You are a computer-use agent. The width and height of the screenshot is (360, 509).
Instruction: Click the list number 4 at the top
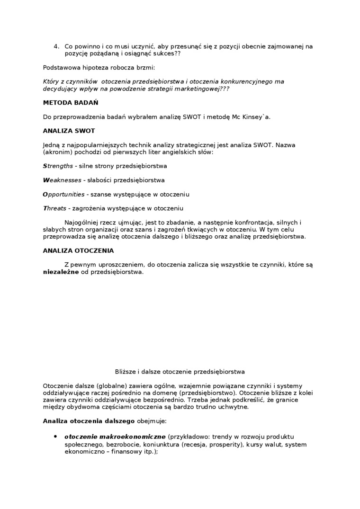tap(56, 46)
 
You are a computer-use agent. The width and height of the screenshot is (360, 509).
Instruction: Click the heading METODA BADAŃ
tap(71, 103)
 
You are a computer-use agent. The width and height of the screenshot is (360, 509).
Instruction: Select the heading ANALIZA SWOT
tap(69, 131)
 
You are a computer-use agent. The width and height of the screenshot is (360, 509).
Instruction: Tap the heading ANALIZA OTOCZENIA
tap(78, 250)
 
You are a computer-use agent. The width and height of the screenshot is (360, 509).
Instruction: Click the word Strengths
tap(58, 166)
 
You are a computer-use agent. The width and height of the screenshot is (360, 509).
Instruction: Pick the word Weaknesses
tap(62, 180)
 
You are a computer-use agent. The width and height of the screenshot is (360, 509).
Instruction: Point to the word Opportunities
tap(63, 195)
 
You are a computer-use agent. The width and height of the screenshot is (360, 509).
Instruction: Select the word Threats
tap(54, 208)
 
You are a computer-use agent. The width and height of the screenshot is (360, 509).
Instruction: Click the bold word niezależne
tap(61, 272)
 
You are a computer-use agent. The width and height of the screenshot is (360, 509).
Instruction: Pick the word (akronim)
tap(57, 152)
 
